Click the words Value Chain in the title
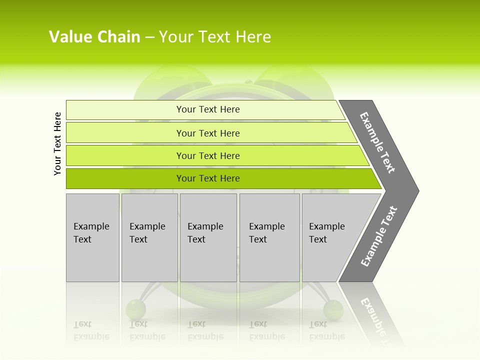94,36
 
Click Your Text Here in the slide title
215,36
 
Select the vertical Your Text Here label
57,143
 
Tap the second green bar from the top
207,133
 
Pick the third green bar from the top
207,155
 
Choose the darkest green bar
207,178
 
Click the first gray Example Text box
92,237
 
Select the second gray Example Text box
149,237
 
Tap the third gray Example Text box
208,237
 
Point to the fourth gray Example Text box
269,237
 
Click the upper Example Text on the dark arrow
377,142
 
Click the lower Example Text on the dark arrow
378,236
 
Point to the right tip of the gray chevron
417,191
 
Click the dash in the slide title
149,37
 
